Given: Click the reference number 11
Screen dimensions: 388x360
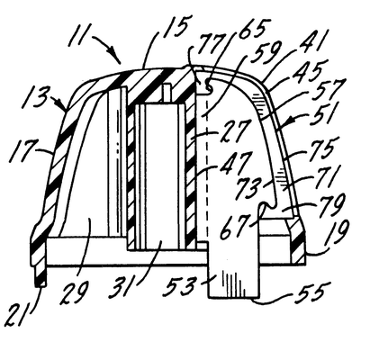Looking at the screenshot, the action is tap(78, 37).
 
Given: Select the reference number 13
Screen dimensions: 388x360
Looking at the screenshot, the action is tap(34, 96).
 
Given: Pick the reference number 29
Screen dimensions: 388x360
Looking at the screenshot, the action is tap(75, 292).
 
